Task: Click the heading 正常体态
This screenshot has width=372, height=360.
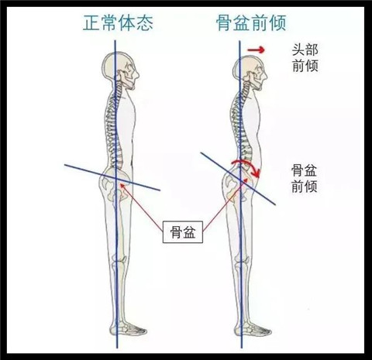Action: (118, 23)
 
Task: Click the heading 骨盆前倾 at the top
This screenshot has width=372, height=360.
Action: (251, 23)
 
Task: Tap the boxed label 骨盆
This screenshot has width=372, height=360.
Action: (183, 232)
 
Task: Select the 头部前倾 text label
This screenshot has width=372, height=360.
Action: (305, 58)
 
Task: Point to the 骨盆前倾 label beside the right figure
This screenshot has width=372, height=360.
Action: (305, 178)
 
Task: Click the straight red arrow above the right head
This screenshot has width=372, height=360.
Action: (256, 50)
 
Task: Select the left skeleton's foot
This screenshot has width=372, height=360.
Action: (129, 327)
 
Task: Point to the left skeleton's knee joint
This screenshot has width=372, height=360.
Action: (119, 262)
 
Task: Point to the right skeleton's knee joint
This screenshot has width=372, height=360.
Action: (243, 262)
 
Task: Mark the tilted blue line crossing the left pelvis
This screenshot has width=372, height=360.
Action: (112, 177)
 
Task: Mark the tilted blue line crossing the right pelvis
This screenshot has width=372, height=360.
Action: (238, 179)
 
